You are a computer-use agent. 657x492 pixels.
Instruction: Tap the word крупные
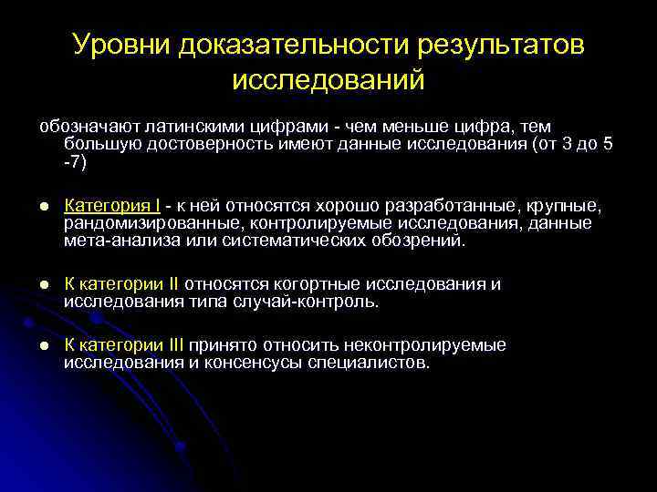[567, 205]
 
